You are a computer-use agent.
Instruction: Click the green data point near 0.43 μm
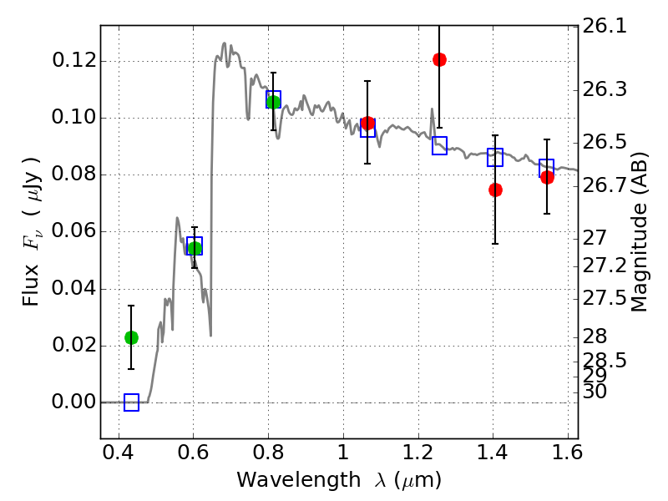131,337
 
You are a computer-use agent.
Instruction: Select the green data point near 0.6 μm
195,248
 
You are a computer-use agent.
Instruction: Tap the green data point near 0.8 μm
273,102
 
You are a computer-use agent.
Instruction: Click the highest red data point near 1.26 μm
439,59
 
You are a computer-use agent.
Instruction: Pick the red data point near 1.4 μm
495,190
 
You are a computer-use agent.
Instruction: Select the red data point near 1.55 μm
547,177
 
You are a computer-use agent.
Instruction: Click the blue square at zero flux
131,402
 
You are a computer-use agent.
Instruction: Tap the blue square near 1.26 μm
439,145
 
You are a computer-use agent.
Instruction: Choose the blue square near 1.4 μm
495,157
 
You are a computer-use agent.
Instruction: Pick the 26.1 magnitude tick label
607,27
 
